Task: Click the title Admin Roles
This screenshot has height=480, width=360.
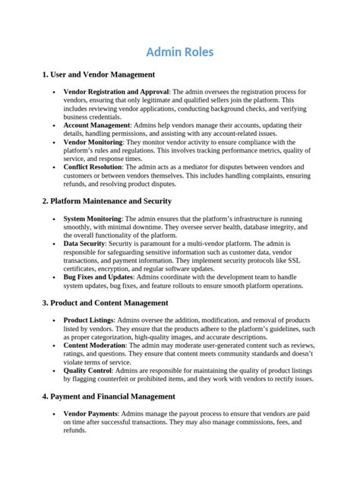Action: (180, 52)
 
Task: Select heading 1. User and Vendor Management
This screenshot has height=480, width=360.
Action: (99, 74)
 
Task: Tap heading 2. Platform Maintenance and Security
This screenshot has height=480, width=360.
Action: (107, 201)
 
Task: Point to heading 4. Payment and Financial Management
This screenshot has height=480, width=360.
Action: (109, 396)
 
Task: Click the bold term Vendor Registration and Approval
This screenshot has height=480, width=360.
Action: (116, 92)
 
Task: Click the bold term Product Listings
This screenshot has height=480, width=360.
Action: (89, 320)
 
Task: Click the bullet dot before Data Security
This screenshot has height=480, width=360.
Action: (53, 243)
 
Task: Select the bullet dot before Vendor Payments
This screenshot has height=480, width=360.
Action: (53, 412)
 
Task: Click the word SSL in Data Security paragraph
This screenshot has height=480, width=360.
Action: (297, 260)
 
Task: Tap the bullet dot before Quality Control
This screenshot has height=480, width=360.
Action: (53, 370)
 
